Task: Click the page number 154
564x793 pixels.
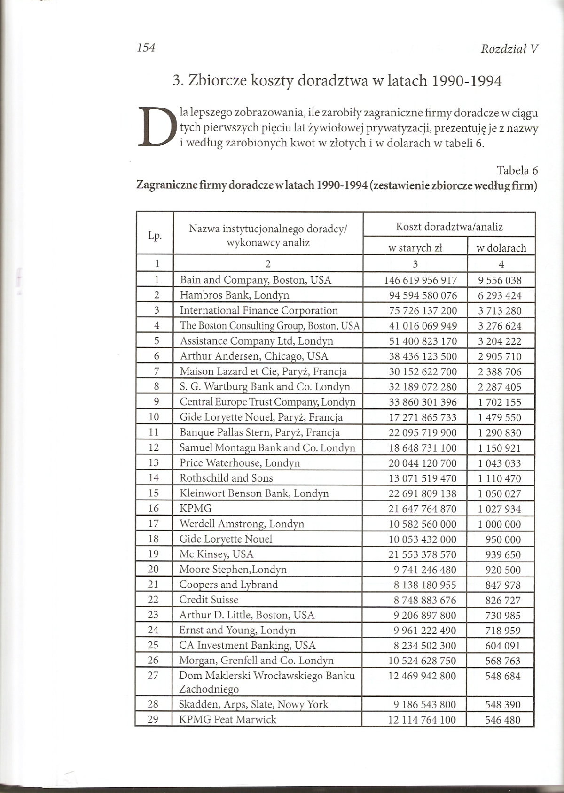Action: pyautogui.click(x=146, y=47)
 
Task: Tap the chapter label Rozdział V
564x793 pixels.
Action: pyautogui.click(x=509, y=49)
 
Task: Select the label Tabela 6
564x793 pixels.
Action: pyautogui.click(x=517, y=170)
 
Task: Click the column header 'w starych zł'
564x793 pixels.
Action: pyautogui.click(x=415, y=248)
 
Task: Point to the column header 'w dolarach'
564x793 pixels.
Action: pyautogui.click(x=501, y=248)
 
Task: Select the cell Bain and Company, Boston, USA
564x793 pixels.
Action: pyautogui.click(x=255, y=280)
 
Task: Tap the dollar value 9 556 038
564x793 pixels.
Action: pyautogui.click(x=500, y=280)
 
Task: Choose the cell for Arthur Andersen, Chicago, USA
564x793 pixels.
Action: pyautogui.click(x=254, y=356)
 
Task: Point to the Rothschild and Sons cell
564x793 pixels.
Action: pyautogui.click(x=226, y=478)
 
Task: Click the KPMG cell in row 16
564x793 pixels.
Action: pyautogui.click(x=196, y=508)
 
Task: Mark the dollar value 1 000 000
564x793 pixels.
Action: pyautogui.click(x=500, y=524)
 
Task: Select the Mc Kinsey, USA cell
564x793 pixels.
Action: pyautogui.click(x=216, y=554)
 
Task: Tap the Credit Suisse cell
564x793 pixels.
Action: pyautogui.click(x=209, y=600)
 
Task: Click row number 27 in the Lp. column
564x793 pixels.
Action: pyautogui.click(x=153, y=676)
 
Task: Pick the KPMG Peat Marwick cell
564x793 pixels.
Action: pyautogui.click(x=227, y=719)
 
